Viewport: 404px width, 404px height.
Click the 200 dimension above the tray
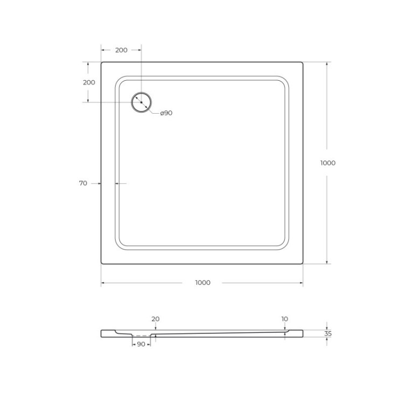121,50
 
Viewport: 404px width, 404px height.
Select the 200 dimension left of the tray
89,82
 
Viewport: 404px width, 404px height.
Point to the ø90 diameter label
166,113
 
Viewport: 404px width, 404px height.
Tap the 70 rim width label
83,183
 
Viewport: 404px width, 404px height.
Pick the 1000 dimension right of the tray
328,163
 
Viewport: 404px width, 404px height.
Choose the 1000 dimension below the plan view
203,283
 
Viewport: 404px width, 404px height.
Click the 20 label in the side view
155,319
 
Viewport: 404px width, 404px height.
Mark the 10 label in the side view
284,319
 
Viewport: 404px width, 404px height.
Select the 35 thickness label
328,333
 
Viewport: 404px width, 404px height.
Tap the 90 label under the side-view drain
141,344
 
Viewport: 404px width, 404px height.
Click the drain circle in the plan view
142,102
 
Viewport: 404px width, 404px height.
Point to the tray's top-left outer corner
102,62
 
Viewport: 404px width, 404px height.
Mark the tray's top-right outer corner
302,62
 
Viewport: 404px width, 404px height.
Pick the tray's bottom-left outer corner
102,263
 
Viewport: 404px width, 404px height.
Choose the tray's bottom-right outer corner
302,263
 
